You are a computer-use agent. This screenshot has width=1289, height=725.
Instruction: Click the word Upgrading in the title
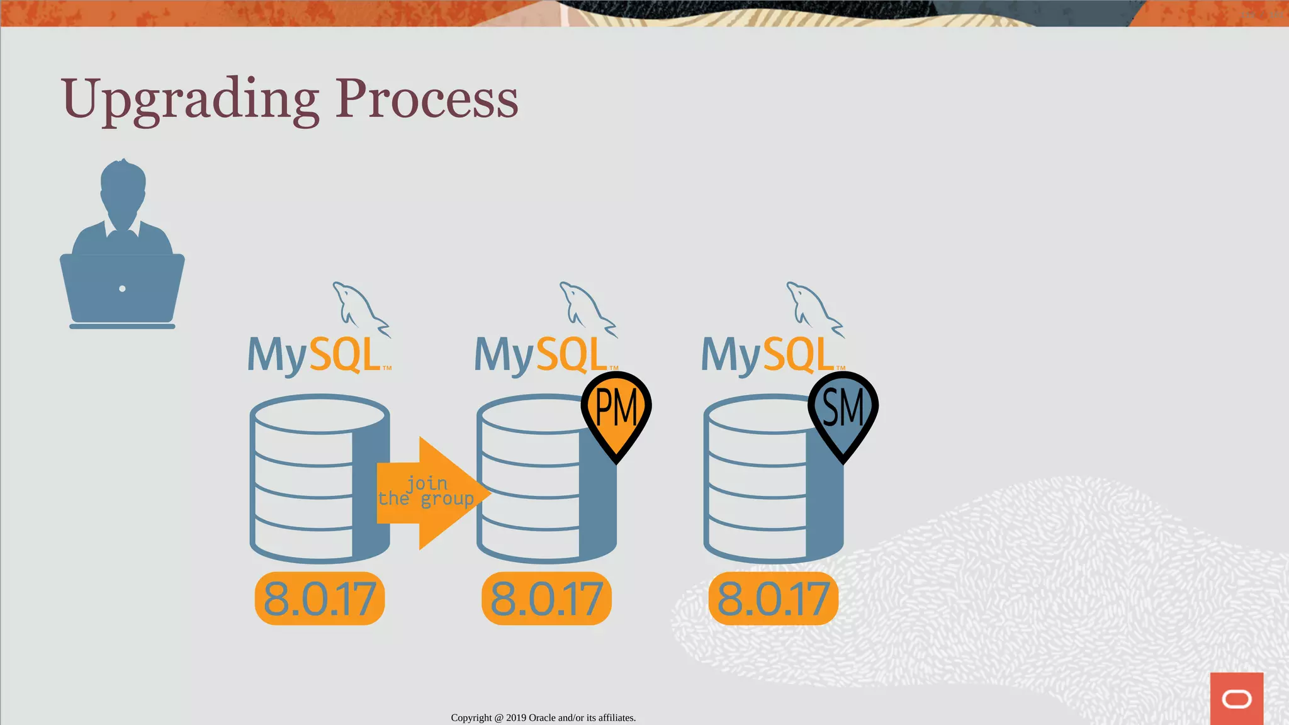pyautogui.click(x=189, y=99)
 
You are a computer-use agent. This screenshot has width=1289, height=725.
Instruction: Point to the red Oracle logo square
pyautogui.click(x=1236, y=698)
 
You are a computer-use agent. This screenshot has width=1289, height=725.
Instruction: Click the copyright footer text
pyautogui.click(x=543, y=717)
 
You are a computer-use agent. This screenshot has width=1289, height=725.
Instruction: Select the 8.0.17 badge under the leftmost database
pyautogui.click(x=320, y=599)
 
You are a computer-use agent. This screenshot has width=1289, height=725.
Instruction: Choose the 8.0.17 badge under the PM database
pyautogui.click(x=546, y=599)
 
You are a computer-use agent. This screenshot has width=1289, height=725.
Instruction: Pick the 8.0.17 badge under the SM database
pyautogui.click(x=773, y=599)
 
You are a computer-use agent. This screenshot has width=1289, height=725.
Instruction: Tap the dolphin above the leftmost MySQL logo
pyautogui.click(x=359, y=308)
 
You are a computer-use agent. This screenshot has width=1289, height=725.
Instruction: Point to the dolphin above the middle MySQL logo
pyautogui.click(x=586, y=308)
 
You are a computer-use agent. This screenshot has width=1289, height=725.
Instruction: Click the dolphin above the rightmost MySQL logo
pyautogui.click(x=813, y=308)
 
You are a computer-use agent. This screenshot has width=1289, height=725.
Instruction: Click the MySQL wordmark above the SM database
pyautogui.click(x=768, y=355)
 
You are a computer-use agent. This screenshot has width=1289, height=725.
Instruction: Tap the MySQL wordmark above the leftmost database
pyautogui.click(x=315, y=355)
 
